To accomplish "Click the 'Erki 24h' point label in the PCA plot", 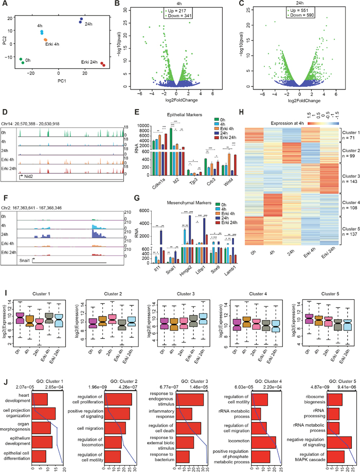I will click(88, 62).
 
